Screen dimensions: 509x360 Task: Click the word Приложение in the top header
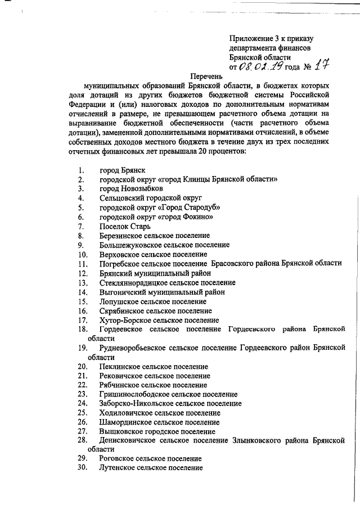click(251, 38)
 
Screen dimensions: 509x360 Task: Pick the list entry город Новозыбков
click(131, 188)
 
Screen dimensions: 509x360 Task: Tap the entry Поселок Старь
click(125, 226)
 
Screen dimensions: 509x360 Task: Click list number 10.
click(83, 254)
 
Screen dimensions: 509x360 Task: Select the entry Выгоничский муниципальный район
click(163, 292)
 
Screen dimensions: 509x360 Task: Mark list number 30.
click(83, 468)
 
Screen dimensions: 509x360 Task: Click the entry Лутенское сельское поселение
click(150, 468)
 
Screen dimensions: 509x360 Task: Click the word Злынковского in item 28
click(253, 440)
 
